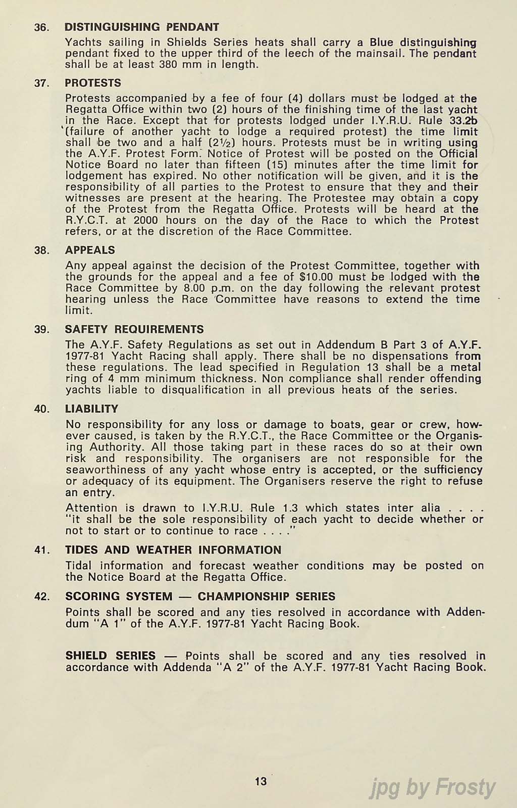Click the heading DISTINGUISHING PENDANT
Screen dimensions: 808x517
pyautogui.click(x=142, y=27)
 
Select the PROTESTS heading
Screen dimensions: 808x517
pyautogui.click(x=93, y=83)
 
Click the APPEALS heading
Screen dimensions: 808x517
pyautogui.click(x=90, y=250)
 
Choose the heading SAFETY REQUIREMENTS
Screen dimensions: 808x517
pyautogui.click(x=134, y=329)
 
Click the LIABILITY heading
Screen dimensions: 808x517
pyautogui.click(x=91, y=409)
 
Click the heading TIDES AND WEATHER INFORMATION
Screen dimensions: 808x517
pyautogui.click(x=173, y=550)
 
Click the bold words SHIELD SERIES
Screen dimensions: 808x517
pyautogui.click(x=110, y=655)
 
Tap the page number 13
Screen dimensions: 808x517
pyautogui.click(x=261, y=781)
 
